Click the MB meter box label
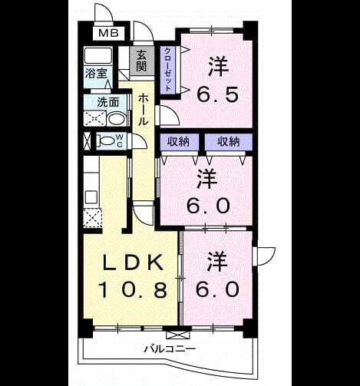(108, 33)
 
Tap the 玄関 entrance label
(141, 61)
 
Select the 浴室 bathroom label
(96, 74)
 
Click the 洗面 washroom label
(108, 102)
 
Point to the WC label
(120, 141)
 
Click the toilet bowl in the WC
(107, 141)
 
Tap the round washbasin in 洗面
(117, 119)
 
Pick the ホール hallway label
(144, 110)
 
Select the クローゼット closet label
(167, 69)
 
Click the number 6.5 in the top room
(218, 94)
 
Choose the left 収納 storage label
(178, 141)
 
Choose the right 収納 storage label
(229, 141)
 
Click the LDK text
(133, 262)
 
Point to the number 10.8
(133, 290)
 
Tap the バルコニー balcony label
(170, 348)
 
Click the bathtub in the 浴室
(98, 55)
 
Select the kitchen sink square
(91, 197)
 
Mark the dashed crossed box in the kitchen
(93, 218)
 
